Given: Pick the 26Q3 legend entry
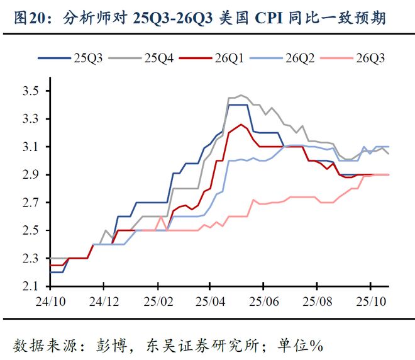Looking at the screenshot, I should (358, 58).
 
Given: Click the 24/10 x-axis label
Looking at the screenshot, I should (50, 301).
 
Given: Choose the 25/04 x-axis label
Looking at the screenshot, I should (213, 301).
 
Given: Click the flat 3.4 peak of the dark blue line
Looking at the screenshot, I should (238, 104).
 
